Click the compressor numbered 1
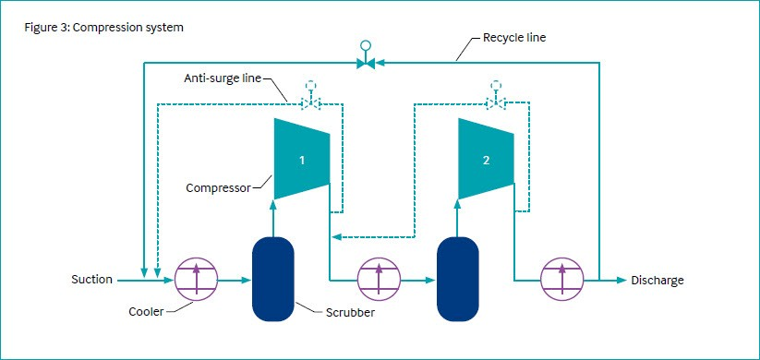click(302, 159)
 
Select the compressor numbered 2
click(487, 159)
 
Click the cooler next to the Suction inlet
click(195, 279)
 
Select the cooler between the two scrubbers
click(379, 279)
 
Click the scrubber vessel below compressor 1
click(272, 279)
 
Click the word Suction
click(91, 279)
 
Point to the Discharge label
click(657, 280)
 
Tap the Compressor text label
click(218, 188)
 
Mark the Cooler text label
click(145, 312)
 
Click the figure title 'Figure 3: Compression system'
click(103, 27)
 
